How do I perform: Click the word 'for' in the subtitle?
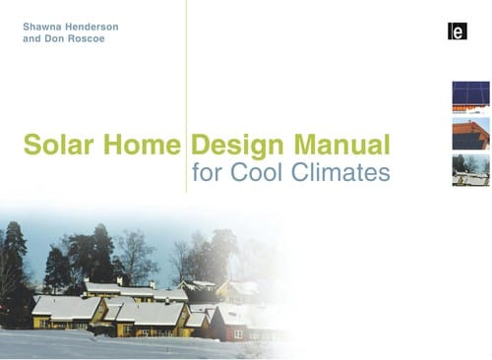tap(209, 174)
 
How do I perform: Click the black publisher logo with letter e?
tap(456, 30)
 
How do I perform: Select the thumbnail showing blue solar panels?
tap(470, 96)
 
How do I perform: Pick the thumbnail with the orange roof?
tap(470, 133)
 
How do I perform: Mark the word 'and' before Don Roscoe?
tap(32, 41)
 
